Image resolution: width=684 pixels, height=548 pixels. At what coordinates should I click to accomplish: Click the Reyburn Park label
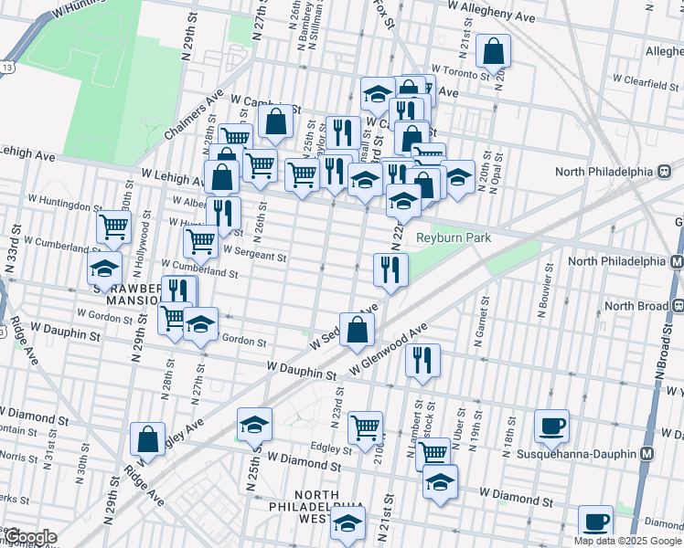[x=454, y=238]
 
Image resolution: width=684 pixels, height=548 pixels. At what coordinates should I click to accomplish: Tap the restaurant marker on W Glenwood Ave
[x=422, y=359]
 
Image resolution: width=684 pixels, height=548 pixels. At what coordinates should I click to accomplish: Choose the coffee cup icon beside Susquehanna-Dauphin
[x=551, y=426]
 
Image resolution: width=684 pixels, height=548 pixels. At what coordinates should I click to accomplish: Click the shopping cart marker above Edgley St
[x=365, y=426]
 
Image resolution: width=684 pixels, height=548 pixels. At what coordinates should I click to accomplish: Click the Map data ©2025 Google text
[x=626, y=541]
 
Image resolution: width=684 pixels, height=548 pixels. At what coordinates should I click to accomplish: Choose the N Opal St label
[x=500, y=182]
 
